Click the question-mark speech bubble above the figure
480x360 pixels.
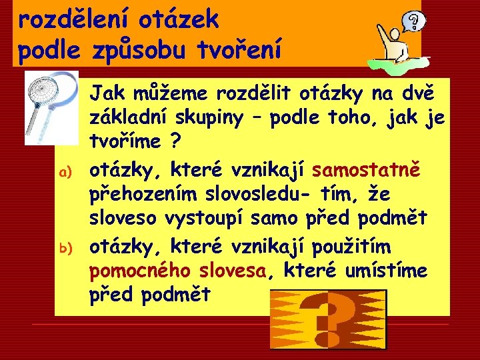tap(415, 22)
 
